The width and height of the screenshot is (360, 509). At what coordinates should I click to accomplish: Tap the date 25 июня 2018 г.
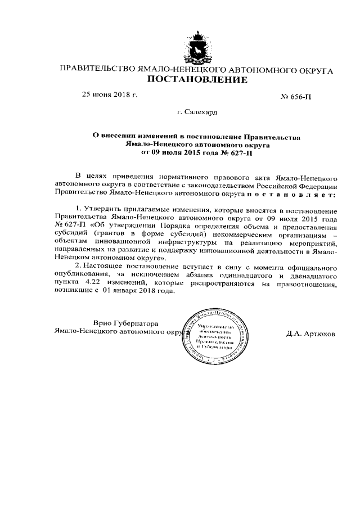[x=110, y=94]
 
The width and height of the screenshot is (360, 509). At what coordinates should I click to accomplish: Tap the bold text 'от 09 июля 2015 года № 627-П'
[x=197, y=151]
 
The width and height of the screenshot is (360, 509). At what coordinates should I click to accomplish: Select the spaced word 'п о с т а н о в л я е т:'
[x=290, y=193]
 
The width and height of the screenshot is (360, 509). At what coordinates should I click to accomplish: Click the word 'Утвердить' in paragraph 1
[x=102, y=209]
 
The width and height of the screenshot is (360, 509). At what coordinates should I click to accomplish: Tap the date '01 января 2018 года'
[x=138, y=292]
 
